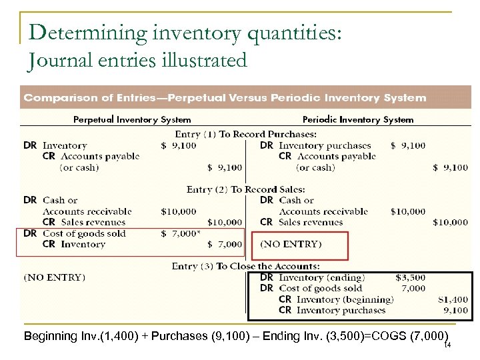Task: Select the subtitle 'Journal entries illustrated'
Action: pyautogui.click(x=137, y=61)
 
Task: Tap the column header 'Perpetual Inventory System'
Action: pyautogui.click(x=132, y=120)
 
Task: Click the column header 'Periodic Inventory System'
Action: pyautogui.click(x=358, y=120)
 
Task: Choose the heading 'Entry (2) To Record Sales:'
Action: pyautogui.click(x=246, y=189)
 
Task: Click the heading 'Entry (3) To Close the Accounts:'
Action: pyautogui.click(x=246, y=266)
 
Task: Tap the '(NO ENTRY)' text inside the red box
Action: pyautogui.click(x=291, y=245)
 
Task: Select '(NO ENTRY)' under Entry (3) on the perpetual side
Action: pyautogui.click(x=55, y=277)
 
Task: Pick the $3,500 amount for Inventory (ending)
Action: pyautogui.click(x=410, y=277)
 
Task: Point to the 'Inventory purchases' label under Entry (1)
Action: pyautogui.click(x=325, y=145)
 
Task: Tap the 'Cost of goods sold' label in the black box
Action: pyautogui.click(x=320, y=288)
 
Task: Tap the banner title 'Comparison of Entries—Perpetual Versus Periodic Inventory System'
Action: pyautogui.click(x=225, y=98)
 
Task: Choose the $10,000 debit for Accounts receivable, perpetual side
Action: pyautogui.click(x=179, y=211)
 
